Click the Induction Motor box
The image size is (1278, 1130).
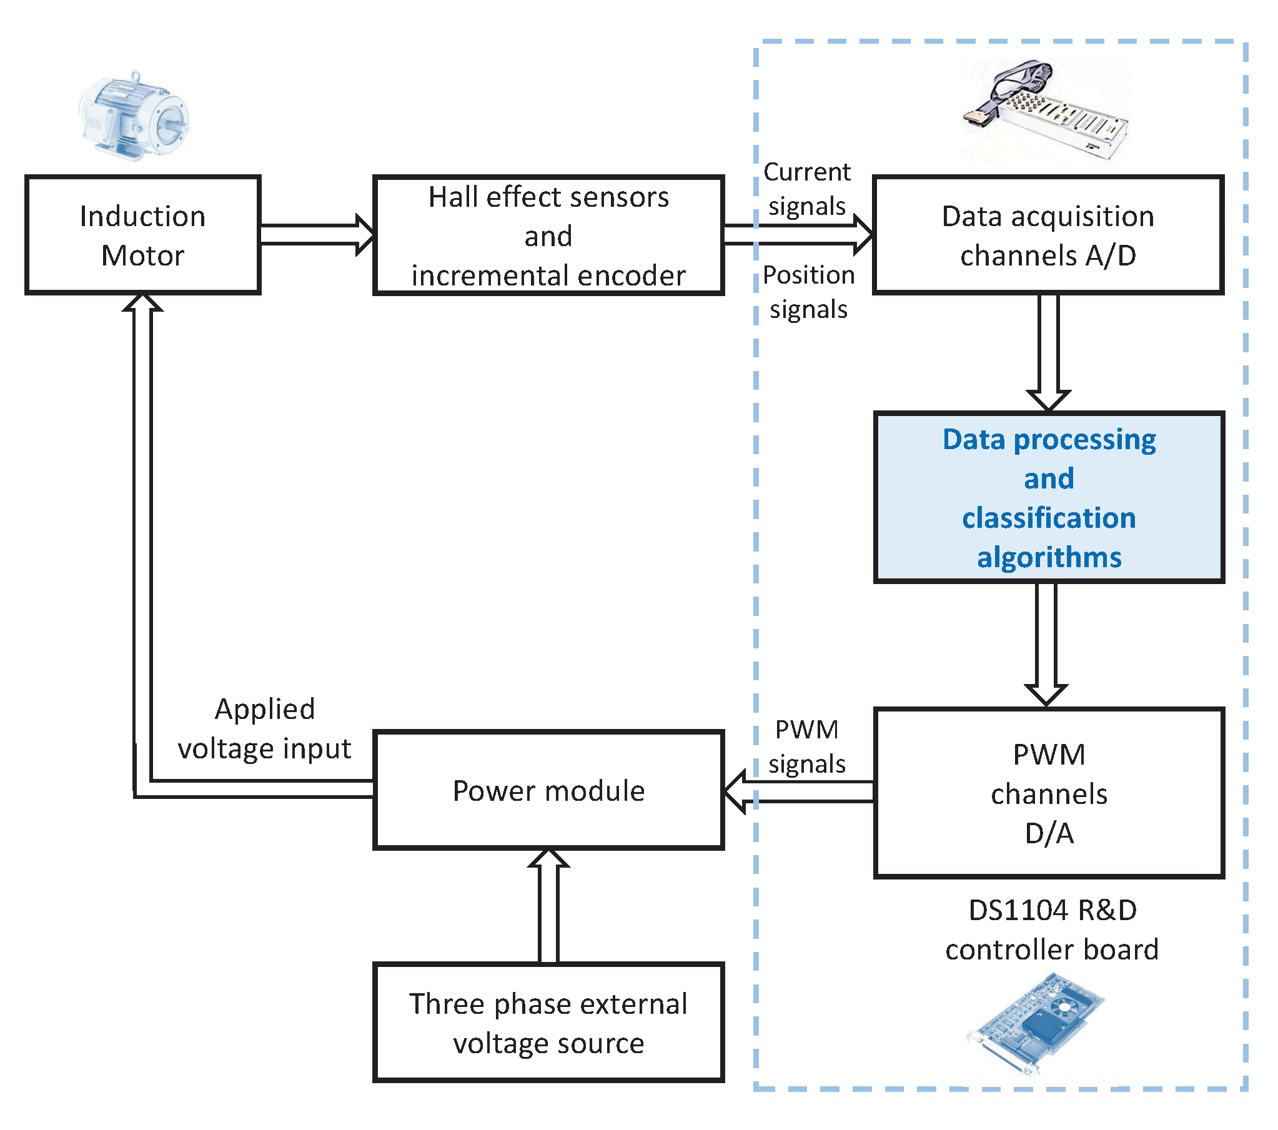(142, 235)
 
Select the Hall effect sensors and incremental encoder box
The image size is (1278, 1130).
(548, 235)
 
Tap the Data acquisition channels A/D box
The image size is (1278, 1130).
(1048, 235)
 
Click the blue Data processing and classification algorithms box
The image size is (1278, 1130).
(1049, 497)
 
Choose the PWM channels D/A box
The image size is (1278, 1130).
(1049, 792)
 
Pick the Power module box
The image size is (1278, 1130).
(548, 790)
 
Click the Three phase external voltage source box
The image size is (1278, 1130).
(548, 1023)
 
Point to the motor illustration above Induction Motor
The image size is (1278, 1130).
(134, 116)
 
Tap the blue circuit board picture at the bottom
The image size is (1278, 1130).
(1035, 1026)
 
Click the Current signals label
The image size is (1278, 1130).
(806, 188)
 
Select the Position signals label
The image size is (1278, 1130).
(808, 292)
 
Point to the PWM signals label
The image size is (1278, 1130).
(806, 746)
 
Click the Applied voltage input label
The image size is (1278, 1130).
(264, 728)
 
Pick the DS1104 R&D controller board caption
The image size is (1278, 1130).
(1052, 930)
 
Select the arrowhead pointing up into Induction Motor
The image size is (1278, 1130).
(142, 304)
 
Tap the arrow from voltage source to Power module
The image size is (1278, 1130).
(548, 907)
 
